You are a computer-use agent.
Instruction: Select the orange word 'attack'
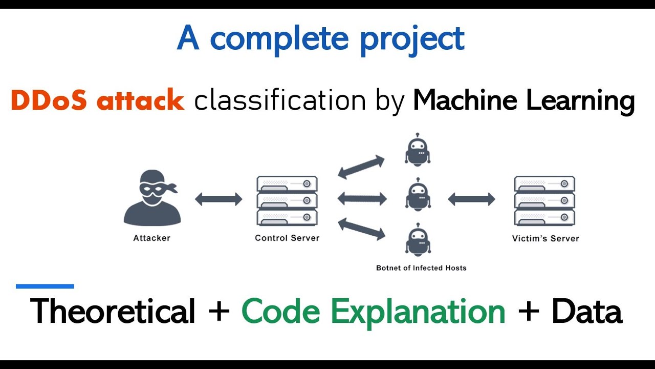(140, 100)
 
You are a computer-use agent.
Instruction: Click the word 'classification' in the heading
(280, 100)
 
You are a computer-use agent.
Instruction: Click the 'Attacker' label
(151, 238)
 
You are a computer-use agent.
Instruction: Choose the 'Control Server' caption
(287, 238)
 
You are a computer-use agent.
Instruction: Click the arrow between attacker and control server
(219, 199)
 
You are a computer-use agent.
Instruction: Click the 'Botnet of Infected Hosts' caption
(421, 268)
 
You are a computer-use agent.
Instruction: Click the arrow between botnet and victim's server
(471, 199)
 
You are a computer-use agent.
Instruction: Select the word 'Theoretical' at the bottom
(113, 311)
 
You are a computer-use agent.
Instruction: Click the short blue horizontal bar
(45, 286)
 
